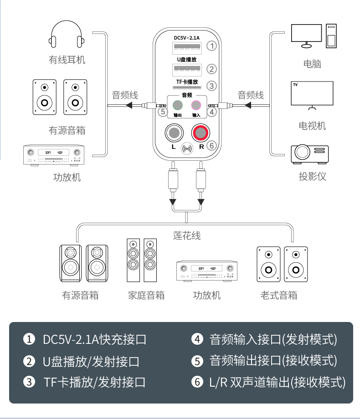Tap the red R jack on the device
tap(201, 133)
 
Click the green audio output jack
tap(177, 105)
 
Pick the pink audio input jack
tap(196, 105)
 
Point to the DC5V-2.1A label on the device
tap(187, 38)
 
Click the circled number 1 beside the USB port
tap(211, 46)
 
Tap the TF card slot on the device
tap(187, 87)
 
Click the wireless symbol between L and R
tap(187, 148)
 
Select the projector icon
tap(310, 154)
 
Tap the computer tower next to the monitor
tap(331, 36)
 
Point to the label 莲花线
tap(187, 236)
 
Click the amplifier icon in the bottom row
tap(207, 271)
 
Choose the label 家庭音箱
tap(146, 295)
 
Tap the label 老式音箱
tap(279, 295)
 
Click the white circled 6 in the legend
tap(197, 382)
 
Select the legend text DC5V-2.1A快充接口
tap(94, 339)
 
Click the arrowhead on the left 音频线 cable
tap(129, 105)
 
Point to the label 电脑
tap(312, 64)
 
